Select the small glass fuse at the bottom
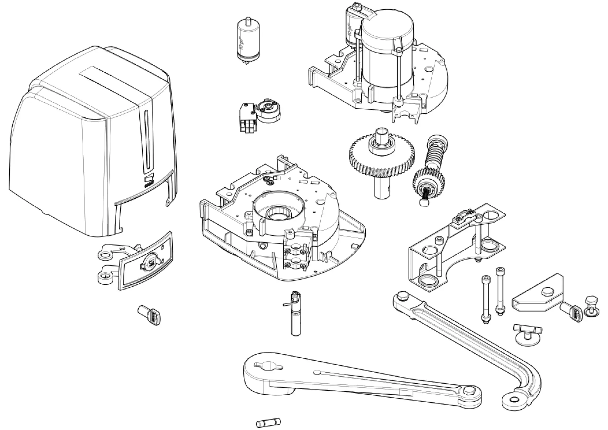pyautogui.click(x=268, y=422)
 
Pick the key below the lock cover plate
pyautogui.click(x=149, y=315)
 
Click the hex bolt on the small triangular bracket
pyautogui.click(x=545, y=292)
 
